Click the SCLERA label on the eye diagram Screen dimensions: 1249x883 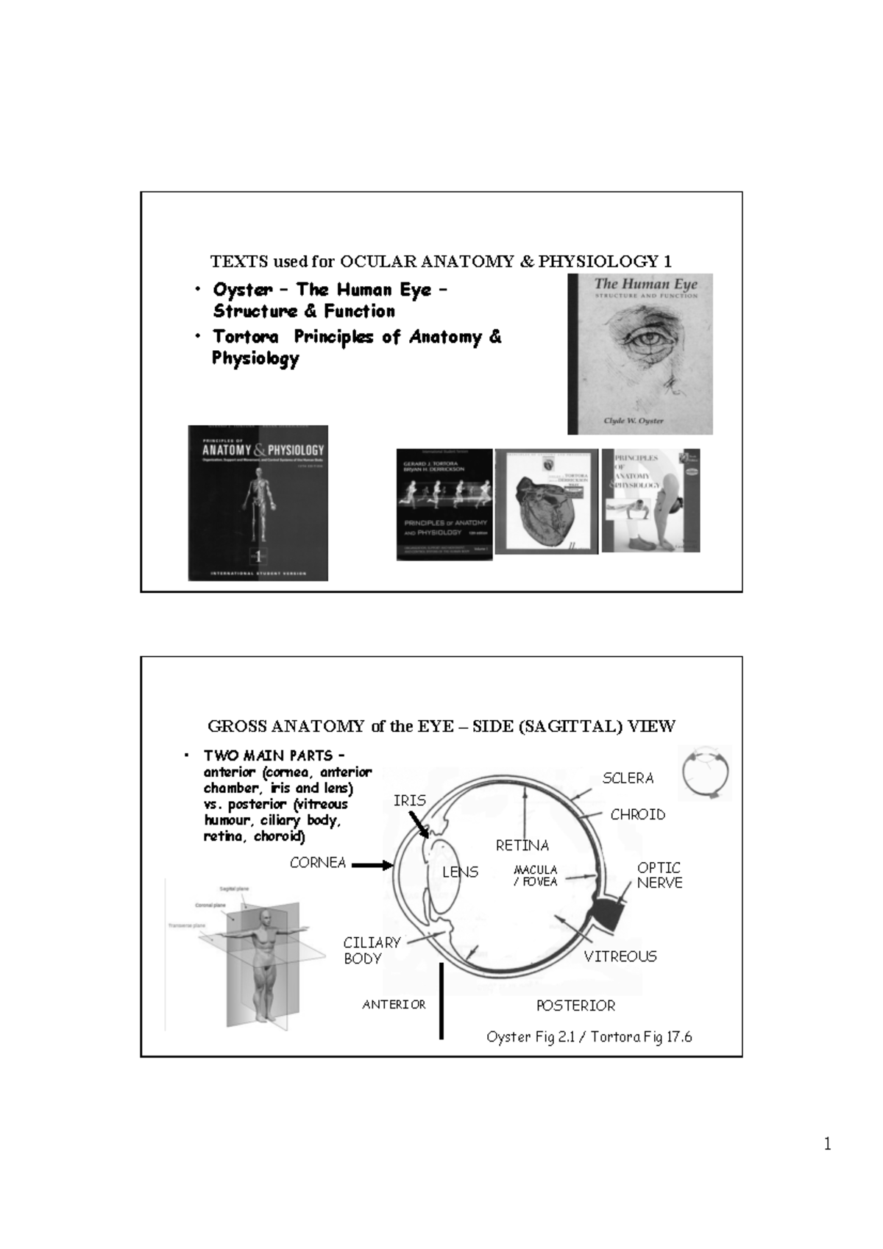628,778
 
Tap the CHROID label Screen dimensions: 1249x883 637,814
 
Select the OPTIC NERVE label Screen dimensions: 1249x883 659,875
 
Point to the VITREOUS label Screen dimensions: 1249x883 620,956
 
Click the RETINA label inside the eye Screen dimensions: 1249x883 522,846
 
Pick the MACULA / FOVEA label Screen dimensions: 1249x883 535,875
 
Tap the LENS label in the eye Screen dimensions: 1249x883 461,872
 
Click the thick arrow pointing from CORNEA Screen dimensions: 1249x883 372,866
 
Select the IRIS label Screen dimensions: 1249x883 409,800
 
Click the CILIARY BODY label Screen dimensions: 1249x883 372,950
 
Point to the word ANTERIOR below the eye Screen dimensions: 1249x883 394,1005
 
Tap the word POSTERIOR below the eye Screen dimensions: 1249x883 575,1006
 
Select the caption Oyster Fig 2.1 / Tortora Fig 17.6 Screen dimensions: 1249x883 589,1037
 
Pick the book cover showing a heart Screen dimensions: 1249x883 546,502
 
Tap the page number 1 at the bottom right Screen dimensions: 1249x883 827,1144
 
